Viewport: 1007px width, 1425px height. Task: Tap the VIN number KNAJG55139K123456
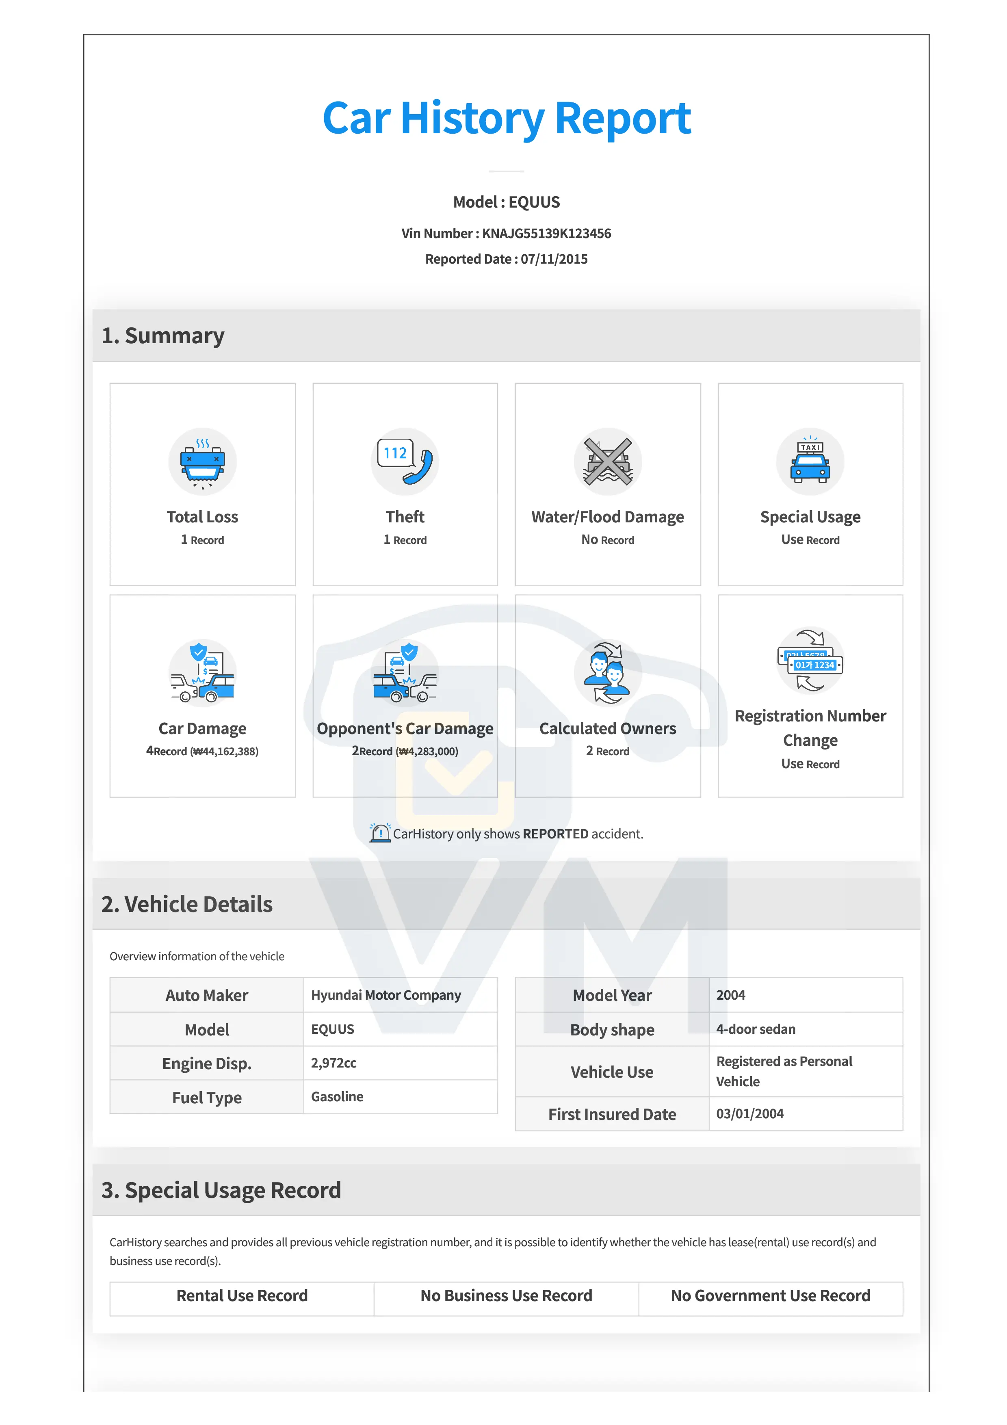coord(546,233)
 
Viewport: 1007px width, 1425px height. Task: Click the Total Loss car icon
coord(202,461)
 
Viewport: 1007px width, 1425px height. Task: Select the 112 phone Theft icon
coord(405,461)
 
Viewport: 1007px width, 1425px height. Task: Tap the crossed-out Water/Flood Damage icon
coord(607,461)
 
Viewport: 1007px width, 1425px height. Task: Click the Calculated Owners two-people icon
coord(607,672)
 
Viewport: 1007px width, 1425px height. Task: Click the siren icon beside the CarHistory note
coord(380,833)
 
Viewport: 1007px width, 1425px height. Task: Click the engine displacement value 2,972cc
coord(334,1063)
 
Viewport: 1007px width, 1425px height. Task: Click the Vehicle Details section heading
coord(187,904)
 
